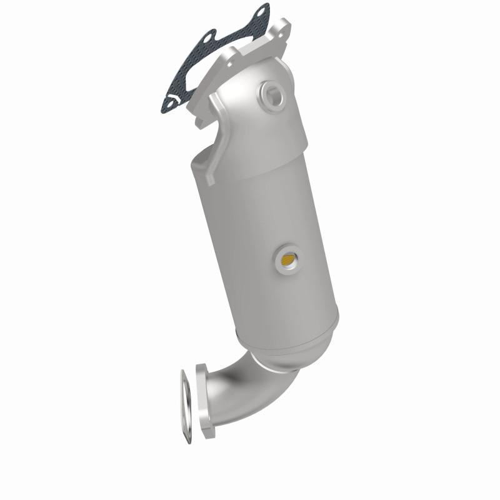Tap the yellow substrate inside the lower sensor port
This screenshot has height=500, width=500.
pos(289,258)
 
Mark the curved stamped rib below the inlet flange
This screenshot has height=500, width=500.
pos(216,134)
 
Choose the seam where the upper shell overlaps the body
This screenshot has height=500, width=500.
pos(250,159)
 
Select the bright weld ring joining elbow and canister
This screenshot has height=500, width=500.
pos(275,362)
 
